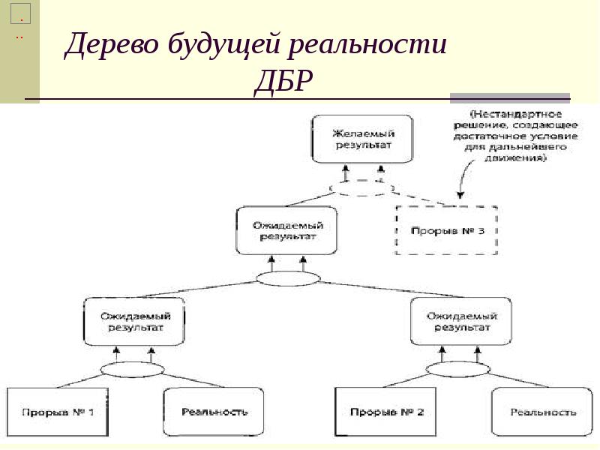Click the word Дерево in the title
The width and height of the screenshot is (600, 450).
[x=112, y=46]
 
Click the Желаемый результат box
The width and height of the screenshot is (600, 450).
[x=362, y=139]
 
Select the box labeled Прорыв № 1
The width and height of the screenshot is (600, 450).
[x=58, y=412]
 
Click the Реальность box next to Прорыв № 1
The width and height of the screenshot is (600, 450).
[x=214, y=412]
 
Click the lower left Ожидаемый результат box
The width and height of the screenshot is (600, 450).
[x=132, y=321]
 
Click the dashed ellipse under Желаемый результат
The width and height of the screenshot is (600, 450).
[x=363, y=189]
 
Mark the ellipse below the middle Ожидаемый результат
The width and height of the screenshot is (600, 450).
[x=287, y=279]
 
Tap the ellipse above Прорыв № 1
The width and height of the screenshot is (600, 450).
[x=132, y=369]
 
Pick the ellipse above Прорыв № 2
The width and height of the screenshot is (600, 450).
[x=458, y=369]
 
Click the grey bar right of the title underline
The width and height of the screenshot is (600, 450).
[x=509, y=97]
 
